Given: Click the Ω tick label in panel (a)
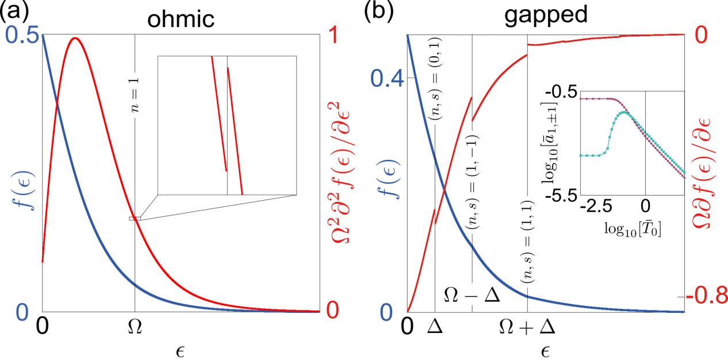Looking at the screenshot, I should pos(135,327).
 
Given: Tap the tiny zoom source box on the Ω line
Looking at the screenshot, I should pos(135,219).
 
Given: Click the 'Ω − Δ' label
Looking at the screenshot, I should pos(472,296).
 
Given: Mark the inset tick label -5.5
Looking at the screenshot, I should pos(562,196).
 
